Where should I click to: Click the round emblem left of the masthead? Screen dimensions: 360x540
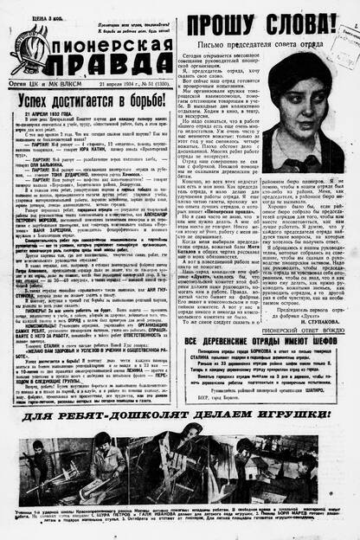tap(32, 44)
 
